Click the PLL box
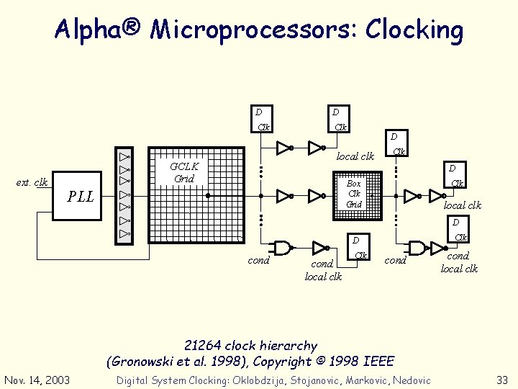pos(81,196)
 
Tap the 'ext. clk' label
pos(32,182)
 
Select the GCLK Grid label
pos(184,172)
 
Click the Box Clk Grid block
pos(355,194)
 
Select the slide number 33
pos(501,380)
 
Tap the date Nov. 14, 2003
pos(36,380)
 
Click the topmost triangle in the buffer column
pos(124,156)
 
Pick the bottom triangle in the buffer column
pos(124,234)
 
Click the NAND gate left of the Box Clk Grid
pos(283,248)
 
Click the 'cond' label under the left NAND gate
pos(258,260)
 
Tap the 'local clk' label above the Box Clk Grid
pos(355,156)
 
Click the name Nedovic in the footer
pos(409,380)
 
